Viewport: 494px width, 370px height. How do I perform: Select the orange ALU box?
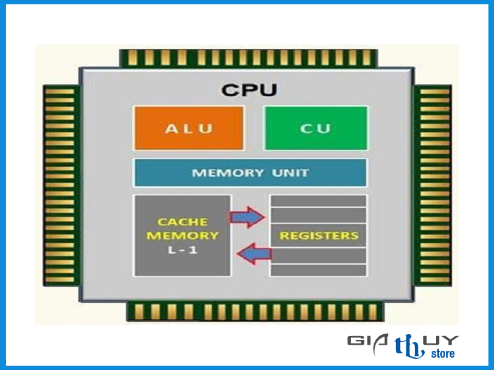(188, 128)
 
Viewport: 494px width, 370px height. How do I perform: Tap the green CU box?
(316, 128)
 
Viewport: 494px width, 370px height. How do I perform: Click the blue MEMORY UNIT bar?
(250, 173)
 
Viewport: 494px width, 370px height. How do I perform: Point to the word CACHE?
(182, 221)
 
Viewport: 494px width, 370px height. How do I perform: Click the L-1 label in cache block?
(182, 250)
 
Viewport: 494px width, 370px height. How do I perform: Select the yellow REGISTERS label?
(319, 236)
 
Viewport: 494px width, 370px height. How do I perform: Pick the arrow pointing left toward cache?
(256, 253)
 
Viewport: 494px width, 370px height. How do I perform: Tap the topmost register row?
(319, 200)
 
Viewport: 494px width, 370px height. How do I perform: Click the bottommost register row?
(319, 270)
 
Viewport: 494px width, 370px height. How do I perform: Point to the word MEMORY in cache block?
(182, 235)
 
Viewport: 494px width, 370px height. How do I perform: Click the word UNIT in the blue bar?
(290, 173)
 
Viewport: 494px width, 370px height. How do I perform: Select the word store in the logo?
(442, 353)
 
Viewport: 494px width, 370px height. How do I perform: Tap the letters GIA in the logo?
(367, 341)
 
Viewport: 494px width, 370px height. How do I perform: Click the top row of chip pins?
(248, 58)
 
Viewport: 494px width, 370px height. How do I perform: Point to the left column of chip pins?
(61, 185)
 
